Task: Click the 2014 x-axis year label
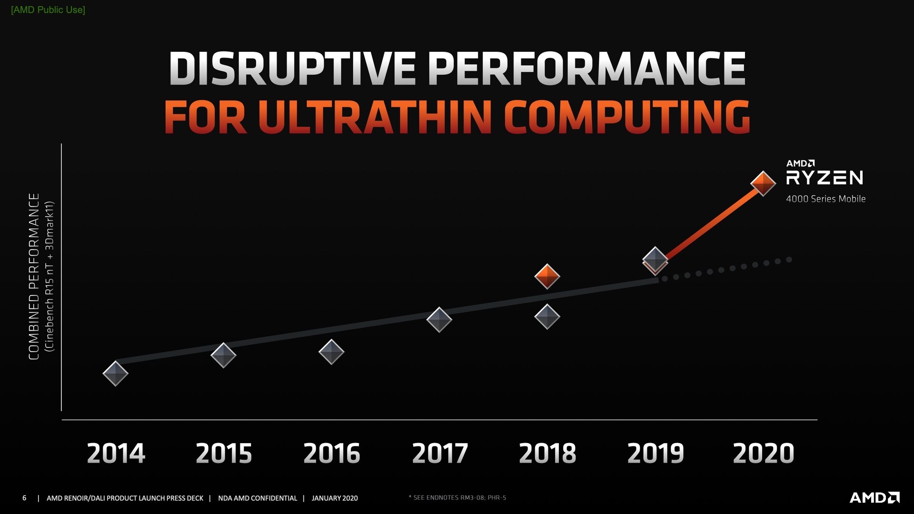coord(116,453)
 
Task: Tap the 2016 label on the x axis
coord(331,453)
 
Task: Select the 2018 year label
coord(547,453)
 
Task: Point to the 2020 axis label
coord(763,453)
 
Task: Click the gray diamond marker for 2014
coord(116,373)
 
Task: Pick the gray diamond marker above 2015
coord(223,355)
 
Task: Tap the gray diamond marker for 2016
coord(331,352)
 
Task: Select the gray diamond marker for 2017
coord(439,319)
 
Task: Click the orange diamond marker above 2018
coord(547,276)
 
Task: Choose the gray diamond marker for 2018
coord(547,316)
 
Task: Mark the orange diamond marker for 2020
coord(763,183)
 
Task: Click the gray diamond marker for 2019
coord(655,259)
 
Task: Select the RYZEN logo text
coord(825,178)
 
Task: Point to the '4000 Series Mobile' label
coord(825,199)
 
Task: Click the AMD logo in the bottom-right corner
coord(874,498)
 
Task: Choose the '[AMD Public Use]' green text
coord(48,10)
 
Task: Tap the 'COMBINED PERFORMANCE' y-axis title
coord(34,277)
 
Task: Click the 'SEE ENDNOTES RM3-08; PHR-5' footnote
coord(458,498)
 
